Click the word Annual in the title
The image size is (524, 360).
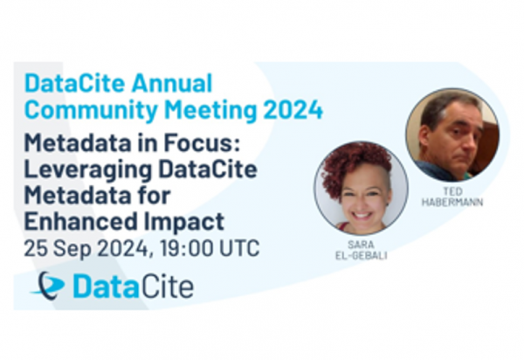[172, 83]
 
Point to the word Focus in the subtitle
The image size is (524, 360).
[202, 143]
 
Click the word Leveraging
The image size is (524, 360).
[88, 170]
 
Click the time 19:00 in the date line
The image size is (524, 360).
[186, 248]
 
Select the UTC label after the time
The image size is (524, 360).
[239, 248]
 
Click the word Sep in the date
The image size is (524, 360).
[72, 249]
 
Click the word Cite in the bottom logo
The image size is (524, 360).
[166, 286]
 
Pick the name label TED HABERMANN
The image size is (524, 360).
[452, 197]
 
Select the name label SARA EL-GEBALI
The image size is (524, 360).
[361, 250]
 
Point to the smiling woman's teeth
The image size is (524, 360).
[363, 214]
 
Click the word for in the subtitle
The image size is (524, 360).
[155, 196]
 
